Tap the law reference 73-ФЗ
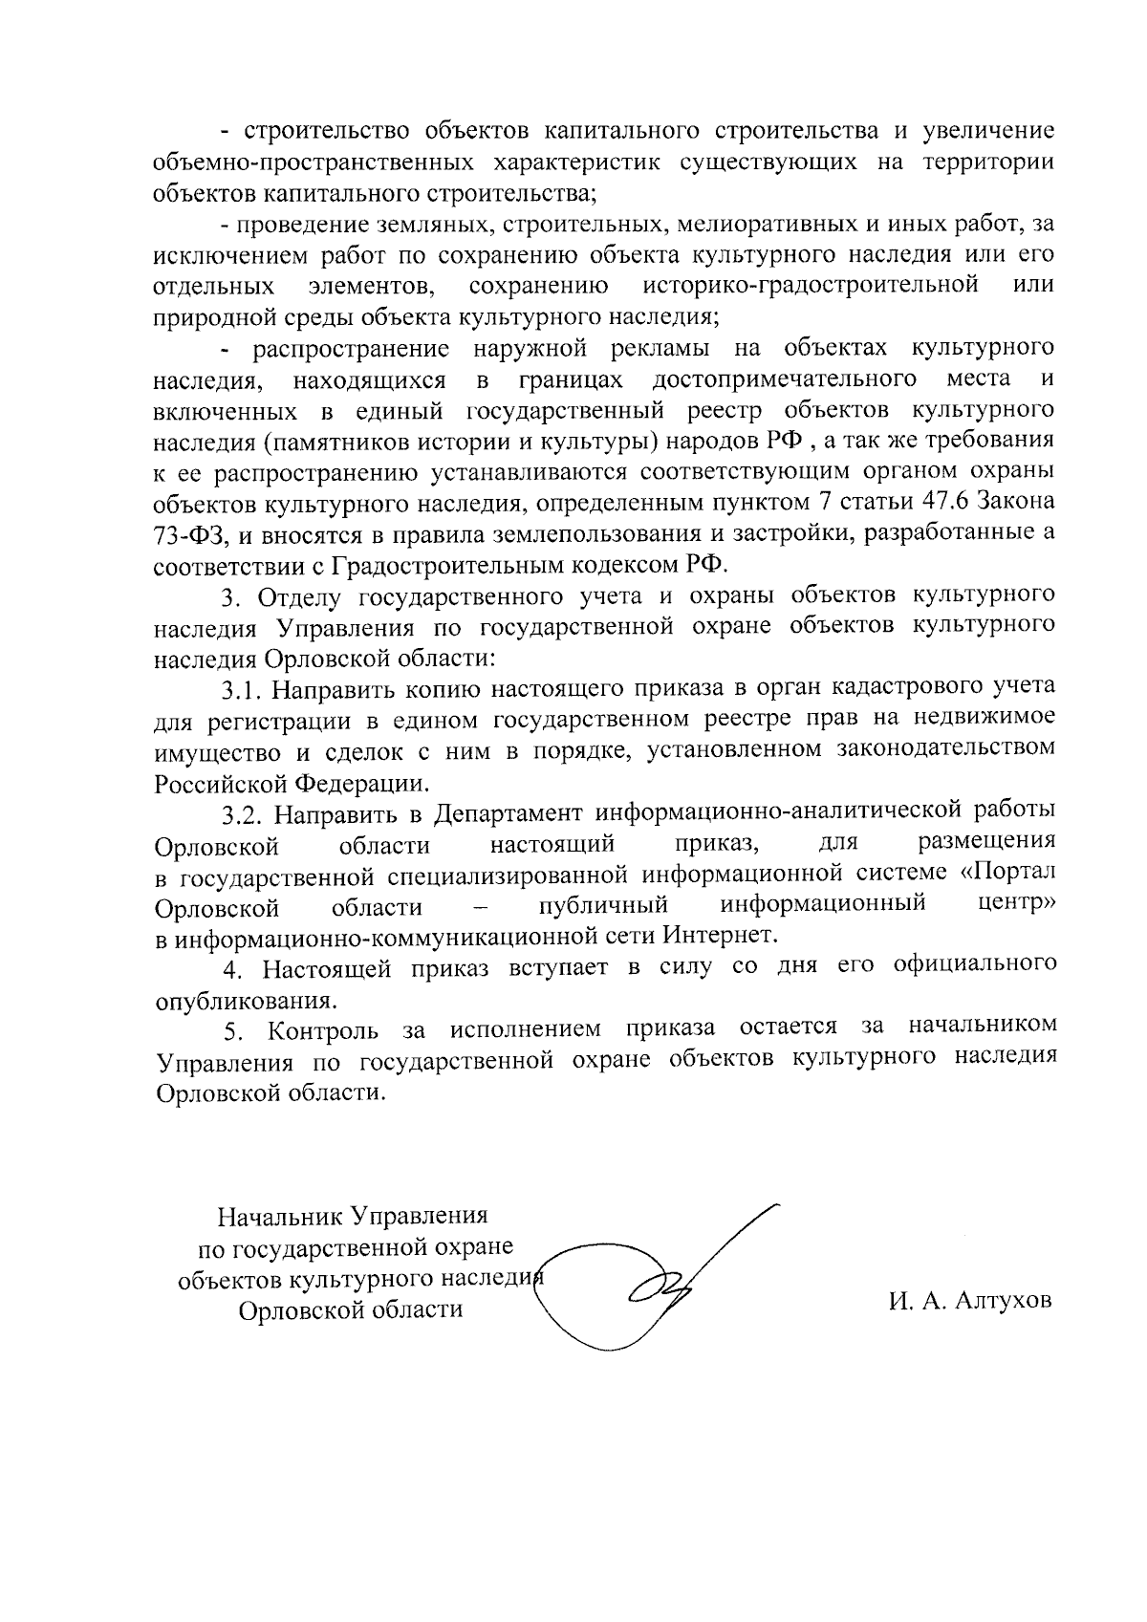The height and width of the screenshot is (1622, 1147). click(x=189, y=532)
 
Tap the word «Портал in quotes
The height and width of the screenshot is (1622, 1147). click(x=1006, y=874)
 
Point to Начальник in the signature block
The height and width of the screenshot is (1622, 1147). click(x=279, y=1217)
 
